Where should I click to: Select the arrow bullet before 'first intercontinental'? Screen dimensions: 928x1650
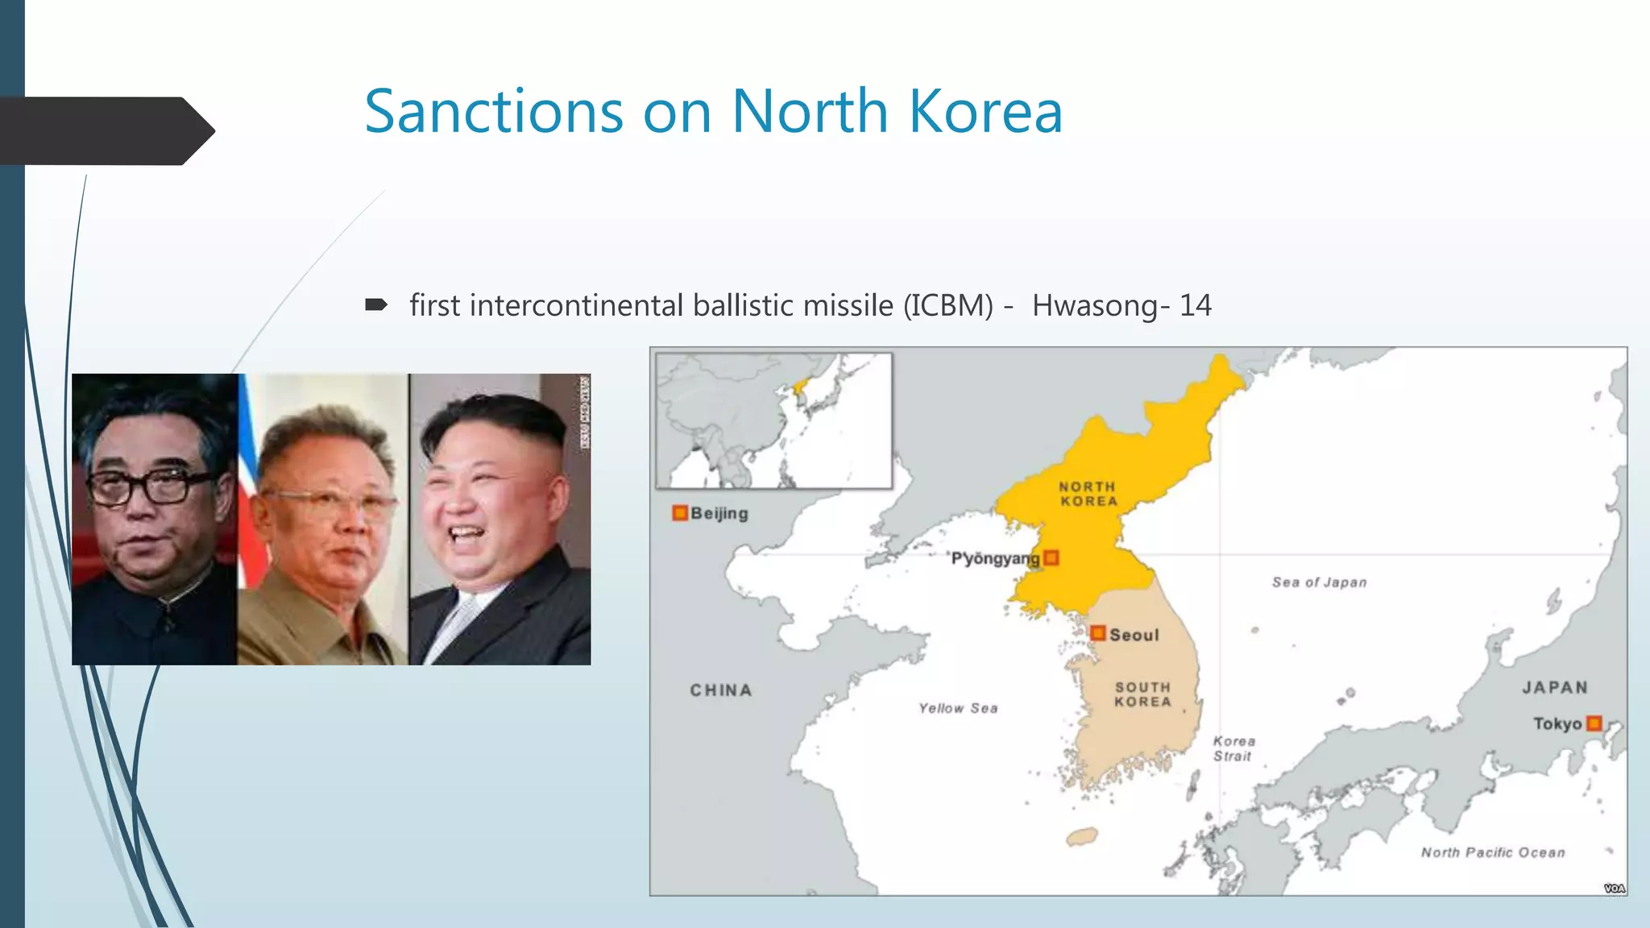[x=376, y=305]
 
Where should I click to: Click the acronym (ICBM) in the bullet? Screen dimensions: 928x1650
[x=947, y=306]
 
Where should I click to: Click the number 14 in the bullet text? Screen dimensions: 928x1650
[x=1196, y=306]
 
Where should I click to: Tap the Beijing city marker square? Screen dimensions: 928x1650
[x=680, y=513]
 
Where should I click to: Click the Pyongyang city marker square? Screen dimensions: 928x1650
[x=1051, y=557]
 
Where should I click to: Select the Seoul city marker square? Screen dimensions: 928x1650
[x=1097, y=633]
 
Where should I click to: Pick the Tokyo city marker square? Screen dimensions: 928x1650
[x=1594, y=723]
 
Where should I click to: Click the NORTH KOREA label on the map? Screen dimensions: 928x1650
[x=1088, y=494]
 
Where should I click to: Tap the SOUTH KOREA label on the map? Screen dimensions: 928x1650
[x=1142, y=694]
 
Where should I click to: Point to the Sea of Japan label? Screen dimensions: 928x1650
[x=1319, y=582]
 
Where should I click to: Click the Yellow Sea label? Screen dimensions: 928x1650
[x=958, y=708]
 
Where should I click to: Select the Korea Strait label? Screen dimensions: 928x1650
[x=1233, y=748]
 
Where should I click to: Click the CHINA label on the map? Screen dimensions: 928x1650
[x=721, y=690]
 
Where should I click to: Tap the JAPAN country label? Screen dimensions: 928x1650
[x=1555, y=688]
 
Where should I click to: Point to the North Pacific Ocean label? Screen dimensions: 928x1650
[x=1493, y=852]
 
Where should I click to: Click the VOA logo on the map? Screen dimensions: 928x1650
[x=1614, y=888]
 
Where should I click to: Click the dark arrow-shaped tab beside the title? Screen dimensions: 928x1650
[x=105, y=131]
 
